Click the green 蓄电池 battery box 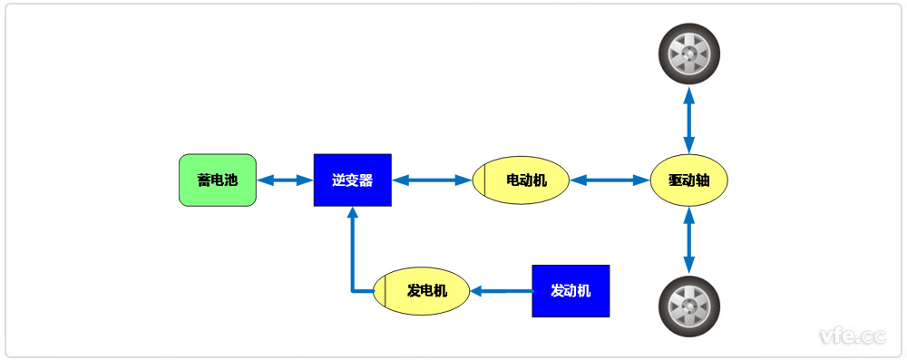(x=218, y=180)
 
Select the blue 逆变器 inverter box (x=353, y=180)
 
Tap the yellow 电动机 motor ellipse (x=522, y=180)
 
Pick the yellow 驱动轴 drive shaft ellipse (x=689, y=180)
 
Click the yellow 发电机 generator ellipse (x=423, y=291)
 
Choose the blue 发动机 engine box (x=571, y=291)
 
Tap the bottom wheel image (x=689, y=306)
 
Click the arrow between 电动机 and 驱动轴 (x=610, y=180)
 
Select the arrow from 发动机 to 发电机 (x=502, y=291)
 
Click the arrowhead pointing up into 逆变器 (x=353, y=214)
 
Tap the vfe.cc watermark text (x=852, y=336)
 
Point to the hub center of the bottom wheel (x=689, y=306)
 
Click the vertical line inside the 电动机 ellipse (x=484, y=180)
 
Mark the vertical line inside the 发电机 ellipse (x=385, y=291)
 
